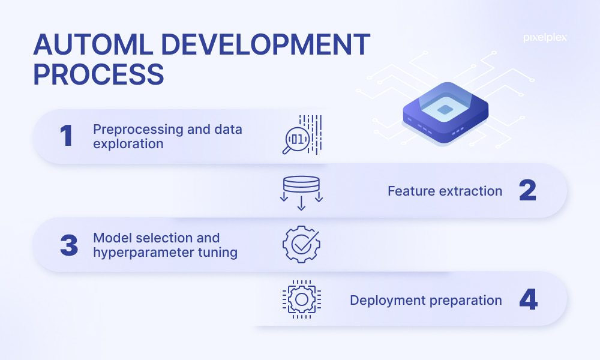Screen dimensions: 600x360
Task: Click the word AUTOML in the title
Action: click(x=93, y=45)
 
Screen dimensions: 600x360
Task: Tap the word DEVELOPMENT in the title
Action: click(x=266, y=45)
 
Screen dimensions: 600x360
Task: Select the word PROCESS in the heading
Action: click(x=98, y=74)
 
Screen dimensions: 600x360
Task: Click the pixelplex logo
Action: click(x=545, y=38)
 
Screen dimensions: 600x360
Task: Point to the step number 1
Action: click(x=66, y=136)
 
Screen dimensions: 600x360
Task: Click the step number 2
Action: click(x=527, y=190)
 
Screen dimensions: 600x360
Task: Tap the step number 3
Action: click(x=69, y=245)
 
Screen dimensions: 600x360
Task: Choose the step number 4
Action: click(x=529, y=299)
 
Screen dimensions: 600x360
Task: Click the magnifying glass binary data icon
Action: click(x=302, y=134)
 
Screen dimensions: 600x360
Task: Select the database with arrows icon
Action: click(x=302, y=193)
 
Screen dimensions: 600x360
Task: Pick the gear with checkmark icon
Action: click(x=301, y=244)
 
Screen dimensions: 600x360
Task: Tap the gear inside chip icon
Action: click(x=302, y=299)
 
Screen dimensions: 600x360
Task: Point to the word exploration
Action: click(x=128, y=144)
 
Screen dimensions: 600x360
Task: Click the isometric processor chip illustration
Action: click(x=445, y=112)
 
